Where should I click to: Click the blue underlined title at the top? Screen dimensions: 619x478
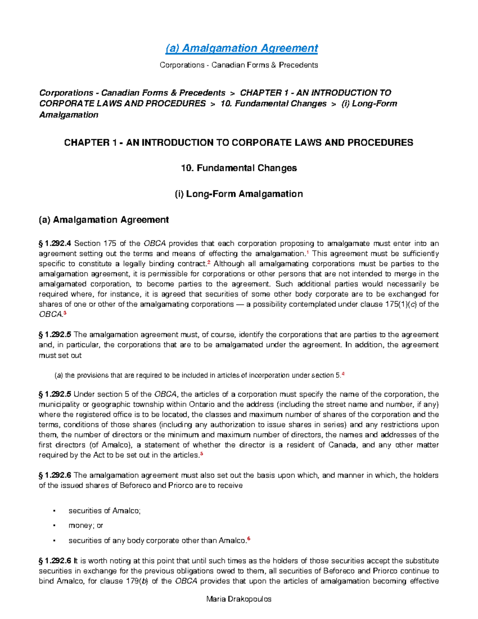(241, 48)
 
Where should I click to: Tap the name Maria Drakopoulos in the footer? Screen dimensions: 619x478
(239, 599)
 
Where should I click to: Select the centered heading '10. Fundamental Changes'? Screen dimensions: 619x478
(239, 168)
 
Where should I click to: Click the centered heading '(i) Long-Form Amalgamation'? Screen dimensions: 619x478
(239, 194)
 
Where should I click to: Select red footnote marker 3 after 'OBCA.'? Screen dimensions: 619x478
(65, 313)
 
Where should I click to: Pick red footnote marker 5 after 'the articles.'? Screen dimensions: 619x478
(202, 454)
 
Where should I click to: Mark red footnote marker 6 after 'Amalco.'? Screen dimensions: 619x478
(249, 539)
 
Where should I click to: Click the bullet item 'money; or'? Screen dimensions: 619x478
(86, 526)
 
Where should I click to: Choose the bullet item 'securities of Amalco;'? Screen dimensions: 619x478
(104, 511)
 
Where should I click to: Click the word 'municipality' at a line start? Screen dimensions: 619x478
(57, 405)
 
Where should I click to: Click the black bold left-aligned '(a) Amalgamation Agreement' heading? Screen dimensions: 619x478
(104, 220)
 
